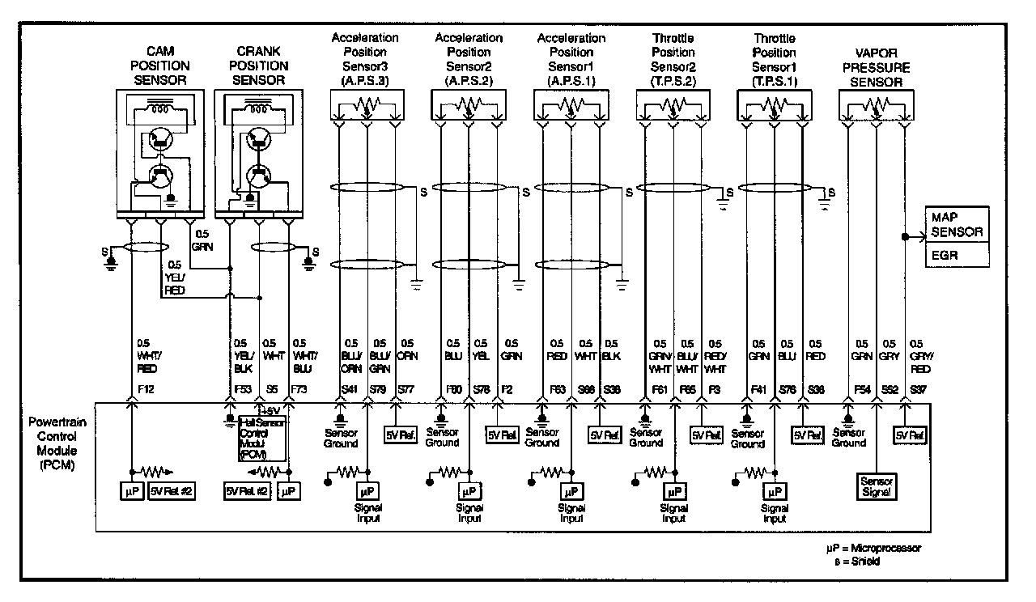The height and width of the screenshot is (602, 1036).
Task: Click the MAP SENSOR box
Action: [956, 224]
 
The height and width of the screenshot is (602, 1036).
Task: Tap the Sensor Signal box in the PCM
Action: [877, 485]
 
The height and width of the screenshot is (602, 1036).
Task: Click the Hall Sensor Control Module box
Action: [258, 438]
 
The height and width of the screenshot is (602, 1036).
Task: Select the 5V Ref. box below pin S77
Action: [400, 435]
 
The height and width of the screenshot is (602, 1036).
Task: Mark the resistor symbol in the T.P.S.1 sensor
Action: [774, 105]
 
